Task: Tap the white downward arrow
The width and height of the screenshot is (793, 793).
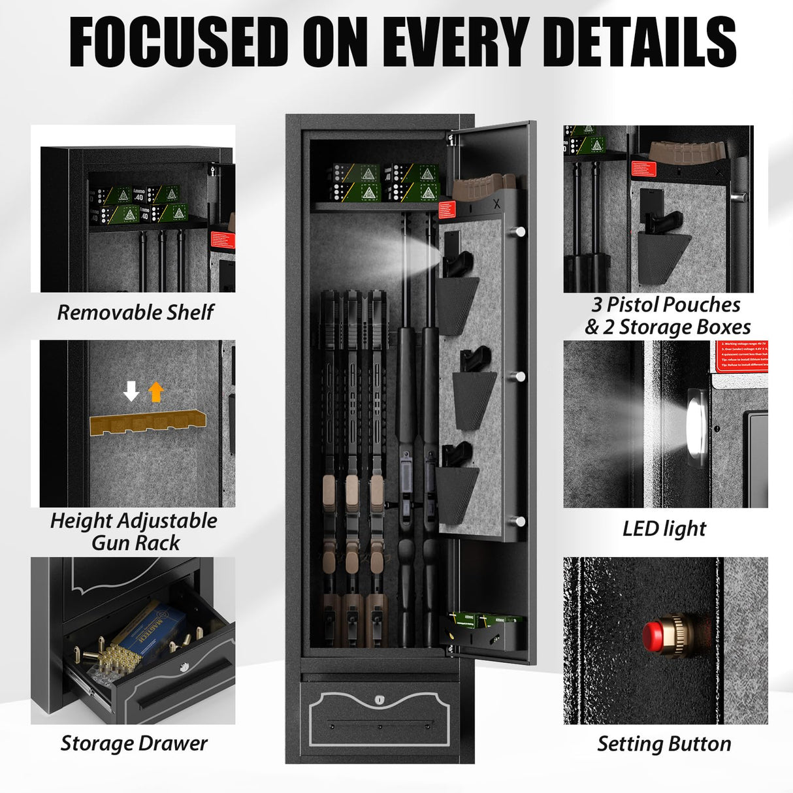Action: [x=131, y=391]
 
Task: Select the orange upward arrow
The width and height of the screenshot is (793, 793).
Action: [x=155, y=391]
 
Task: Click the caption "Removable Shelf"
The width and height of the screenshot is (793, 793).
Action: [x=135, y=312]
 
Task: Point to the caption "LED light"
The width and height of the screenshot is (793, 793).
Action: [x=664, y=528]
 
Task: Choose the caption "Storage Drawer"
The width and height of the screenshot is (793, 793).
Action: [x=134, y=743]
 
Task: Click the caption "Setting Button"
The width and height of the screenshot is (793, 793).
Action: [x=664, y=744]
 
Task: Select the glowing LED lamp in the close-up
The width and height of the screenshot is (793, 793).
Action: [x=696, y=425]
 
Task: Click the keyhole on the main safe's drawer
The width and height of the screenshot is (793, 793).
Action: [x=380, y=700]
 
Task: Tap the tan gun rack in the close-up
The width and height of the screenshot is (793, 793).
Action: [x=148, y=423]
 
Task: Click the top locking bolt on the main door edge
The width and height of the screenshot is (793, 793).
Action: [x=520, y=231]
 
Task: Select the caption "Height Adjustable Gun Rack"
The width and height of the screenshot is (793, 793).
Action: [x=134, y=532]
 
